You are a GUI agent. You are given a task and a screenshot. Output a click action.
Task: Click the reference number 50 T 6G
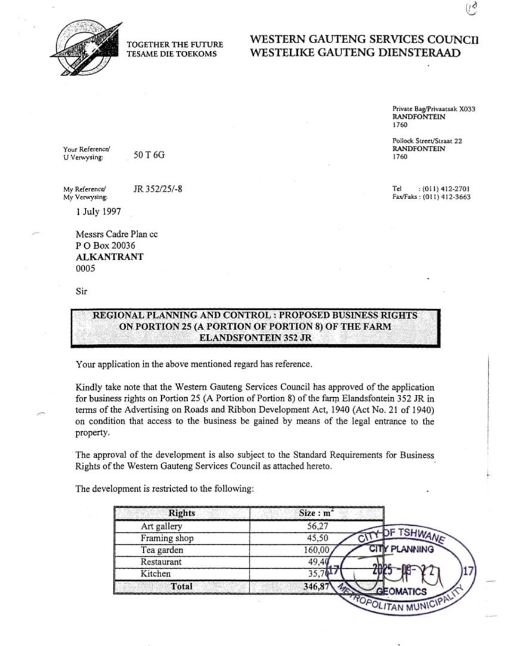pos(149,155)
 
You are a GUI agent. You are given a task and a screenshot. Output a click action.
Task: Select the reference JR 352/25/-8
pos(158,190)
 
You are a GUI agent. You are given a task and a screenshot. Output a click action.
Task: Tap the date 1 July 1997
pos(99,211)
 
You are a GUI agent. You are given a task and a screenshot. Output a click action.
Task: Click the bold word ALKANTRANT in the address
pos(109,257)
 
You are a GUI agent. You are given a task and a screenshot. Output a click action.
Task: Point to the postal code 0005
pos(85,269)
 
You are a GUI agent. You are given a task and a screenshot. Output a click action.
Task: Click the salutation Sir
pos(82,292)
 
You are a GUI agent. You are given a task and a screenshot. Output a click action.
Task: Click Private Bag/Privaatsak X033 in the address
pos(434,109)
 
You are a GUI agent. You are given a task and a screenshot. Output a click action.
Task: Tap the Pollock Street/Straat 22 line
pos(427,141)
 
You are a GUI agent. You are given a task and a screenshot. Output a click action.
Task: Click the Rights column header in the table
pos(182,513)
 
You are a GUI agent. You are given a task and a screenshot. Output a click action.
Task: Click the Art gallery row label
pos(161,526)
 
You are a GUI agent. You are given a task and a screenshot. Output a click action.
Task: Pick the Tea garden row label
pos(162,550)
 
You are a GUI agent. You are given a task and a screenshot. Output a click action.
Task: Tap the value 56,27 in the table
pos(317,526)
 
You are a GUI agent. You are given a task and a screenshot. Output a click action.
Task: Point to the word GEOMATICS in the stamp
pos(401,592)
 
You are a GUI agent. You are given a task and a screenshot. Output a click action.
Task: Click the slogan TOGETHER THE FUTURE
pos(175,45)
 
